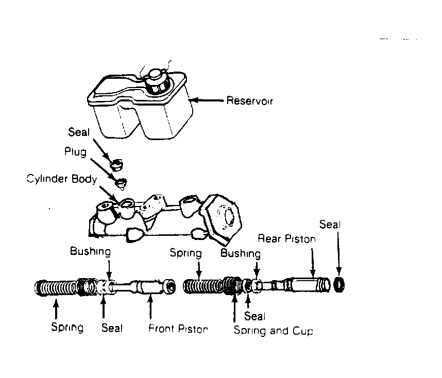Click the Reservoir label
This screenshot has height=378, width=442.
click(x=250, y=100)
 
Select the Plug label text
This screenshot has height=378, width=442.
click(x=75, y=151)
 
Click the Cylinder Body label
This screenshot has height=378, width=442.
click(x=62, y=179)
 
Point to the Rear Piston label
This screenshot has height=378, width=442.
click(x=286, y=239)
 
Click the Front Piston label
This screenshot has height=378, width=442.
click(x=178, y=329)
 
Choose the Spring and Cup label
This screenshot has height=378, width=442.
click(x=274, y=331)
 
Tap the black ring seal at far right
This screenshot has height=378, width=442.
click(x=339, y=285)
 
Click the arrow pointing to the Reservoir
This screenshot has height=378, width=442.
click(x=207, y=100)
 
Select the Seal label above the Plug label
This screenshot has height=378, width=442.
click(x=79, y=132)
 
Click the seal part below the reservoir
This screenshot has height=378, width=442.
click(x=116, y=165)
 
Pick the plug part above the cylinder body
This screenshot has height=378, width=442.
click(x=122, y=183)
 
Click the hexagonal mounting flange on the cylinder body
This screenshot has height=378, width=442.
click(x=222, y=218)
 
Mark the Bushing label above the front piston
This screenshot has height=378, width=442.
click(x=90, y=251)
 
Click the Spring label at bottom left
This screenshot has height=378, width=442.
click(x=67, y=327)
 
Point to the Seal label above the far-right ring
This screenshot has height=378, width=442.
click(x=330, y=225)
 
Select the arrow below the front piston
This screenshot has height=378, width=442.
click(x=150, y=307)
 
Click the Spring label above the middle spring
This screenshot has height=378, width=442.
click(x=186, y=253)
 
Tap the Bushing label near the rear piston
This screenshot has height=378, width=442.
click(x=241, y=253)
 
